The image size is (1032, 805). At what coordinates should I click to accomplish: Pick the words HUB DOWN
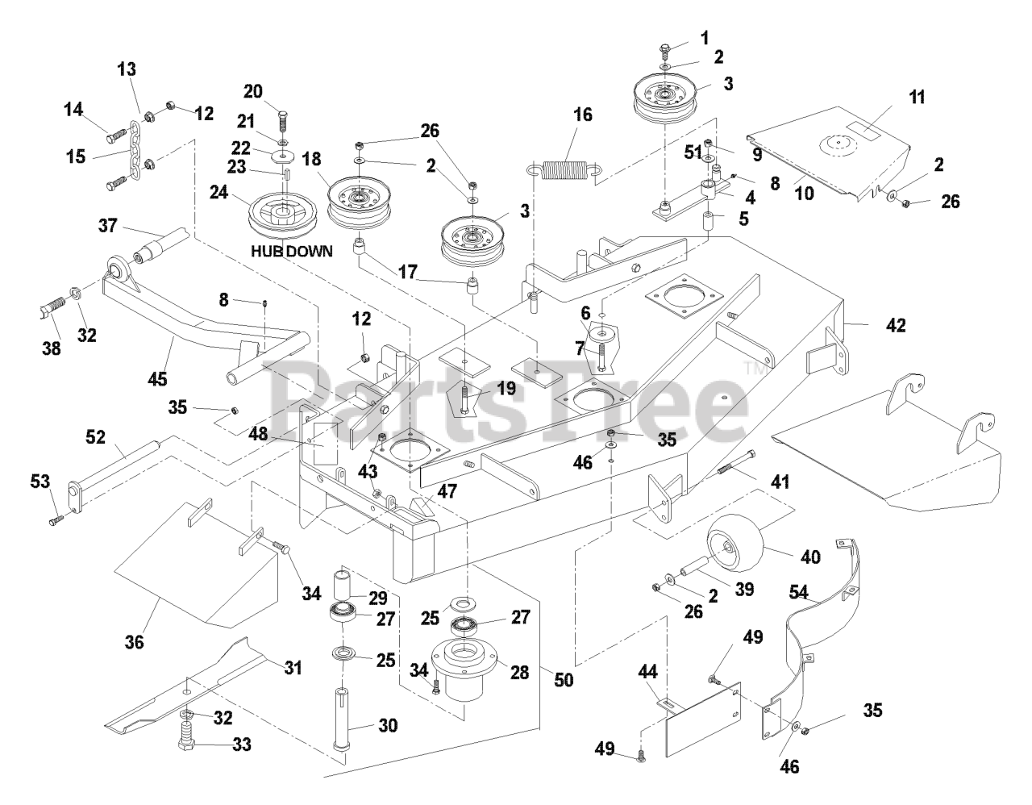[291, 251]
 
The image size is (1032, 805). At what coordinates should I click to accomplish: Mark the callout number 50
[564, 679]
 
